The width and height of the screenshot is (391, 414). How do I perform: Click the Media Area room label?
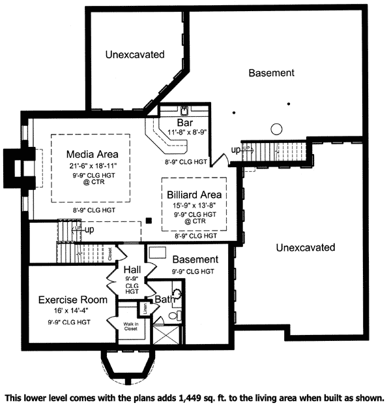pyautogui.click(x=92, y=154)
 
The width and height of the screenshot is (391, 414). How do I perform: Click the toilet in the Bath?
pyautogui.click(x=174, y=315)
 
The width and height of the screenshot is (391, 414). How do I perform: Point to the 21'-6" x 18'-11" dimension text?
pyautogui.click(x=92, y=166)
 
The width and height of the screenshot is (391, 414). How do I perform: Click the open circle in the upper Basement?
pyautogui.click(x=276, y=128)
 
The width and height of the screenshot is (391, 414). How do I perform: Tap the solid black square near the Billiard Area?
pyautogui.click(x=149, y=220)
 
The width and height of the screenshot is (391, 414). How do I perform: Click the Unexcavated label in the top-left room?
pyautogui.click(x=135, y=55)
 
